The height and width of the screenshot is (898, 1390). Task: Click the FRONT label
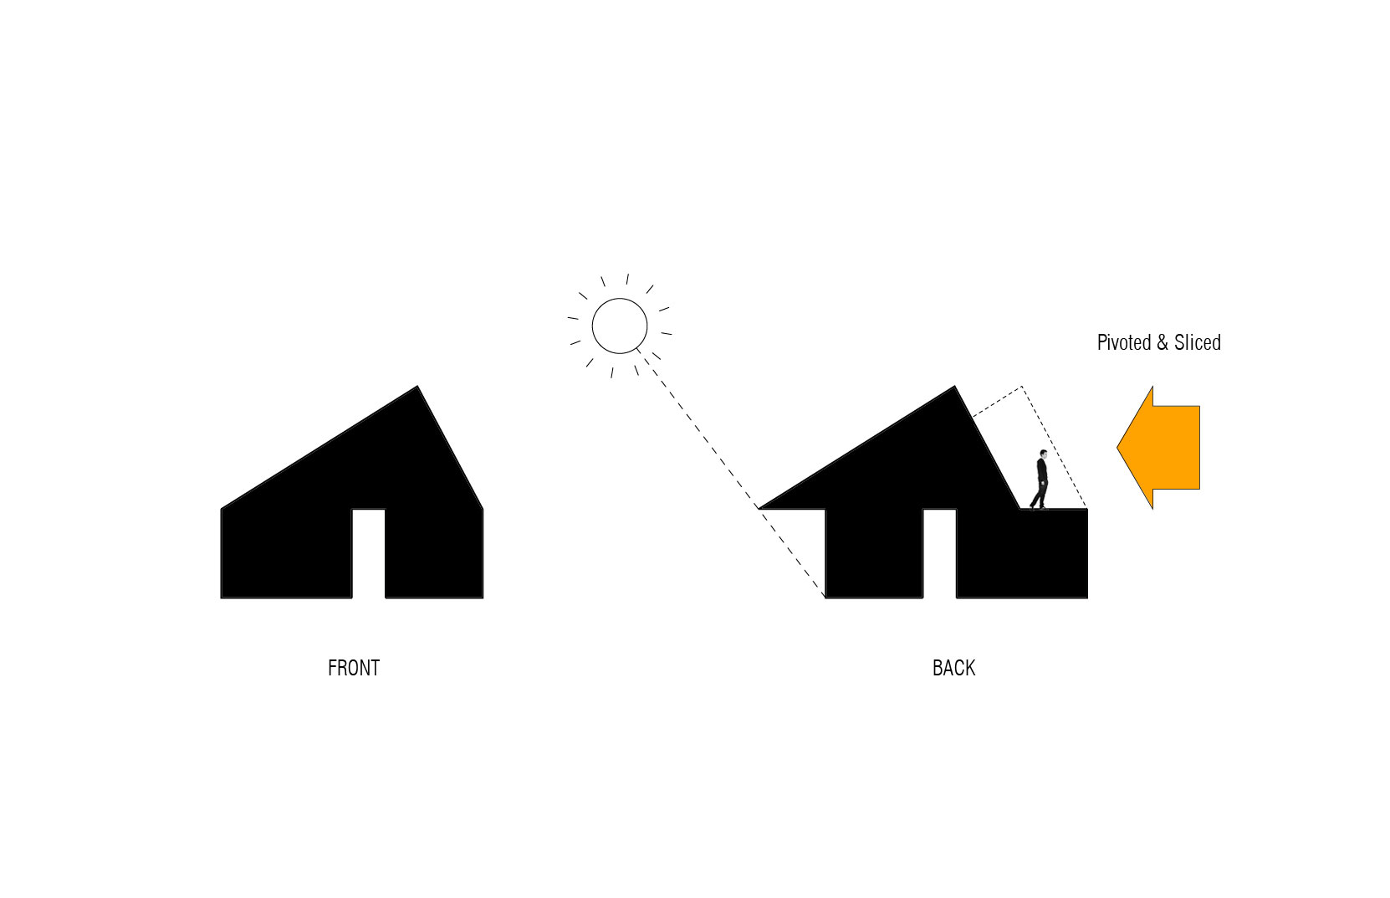pos(354,668)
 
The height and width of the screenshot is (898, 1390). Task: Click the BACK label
pos(953,668)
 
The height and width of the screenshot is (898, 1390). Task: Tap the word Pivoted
pos(1124,343)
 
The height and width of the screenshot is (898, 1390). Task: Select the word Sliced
pos(1198,343)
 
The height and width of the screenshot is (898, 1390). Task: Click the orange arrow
pos(1158,448)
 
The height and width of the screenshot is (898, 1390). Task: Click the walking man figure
pos(1040,480)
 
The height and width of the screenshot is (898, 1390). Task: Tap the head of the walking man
pos(1043,454)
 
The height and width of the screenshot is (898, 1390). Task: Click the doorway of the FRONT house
pos(369,553)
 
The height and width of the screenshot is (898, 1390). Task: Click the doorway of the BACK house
pos(939,553)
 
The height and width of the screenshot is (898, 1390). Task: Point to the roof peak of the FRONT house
pos(417,387)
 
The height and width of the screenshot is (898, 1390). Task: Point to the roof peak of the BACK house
pos(954,387)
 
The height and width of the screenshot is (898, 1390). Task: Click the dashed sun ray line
pos(730,473)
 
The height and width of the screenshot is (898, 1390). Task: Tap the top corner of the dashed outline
pos(1021,387)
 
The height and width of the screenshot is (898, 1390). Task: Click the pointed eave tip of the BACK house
pos(759,509)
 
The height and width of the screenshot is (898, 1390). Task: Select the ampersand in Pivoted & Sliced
pos(1163,343)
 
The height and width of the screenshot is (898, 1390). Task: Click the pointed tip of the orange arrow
pos(1117,448)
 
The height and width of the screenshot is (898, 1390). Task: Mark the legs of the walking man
pos(1040,496)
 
